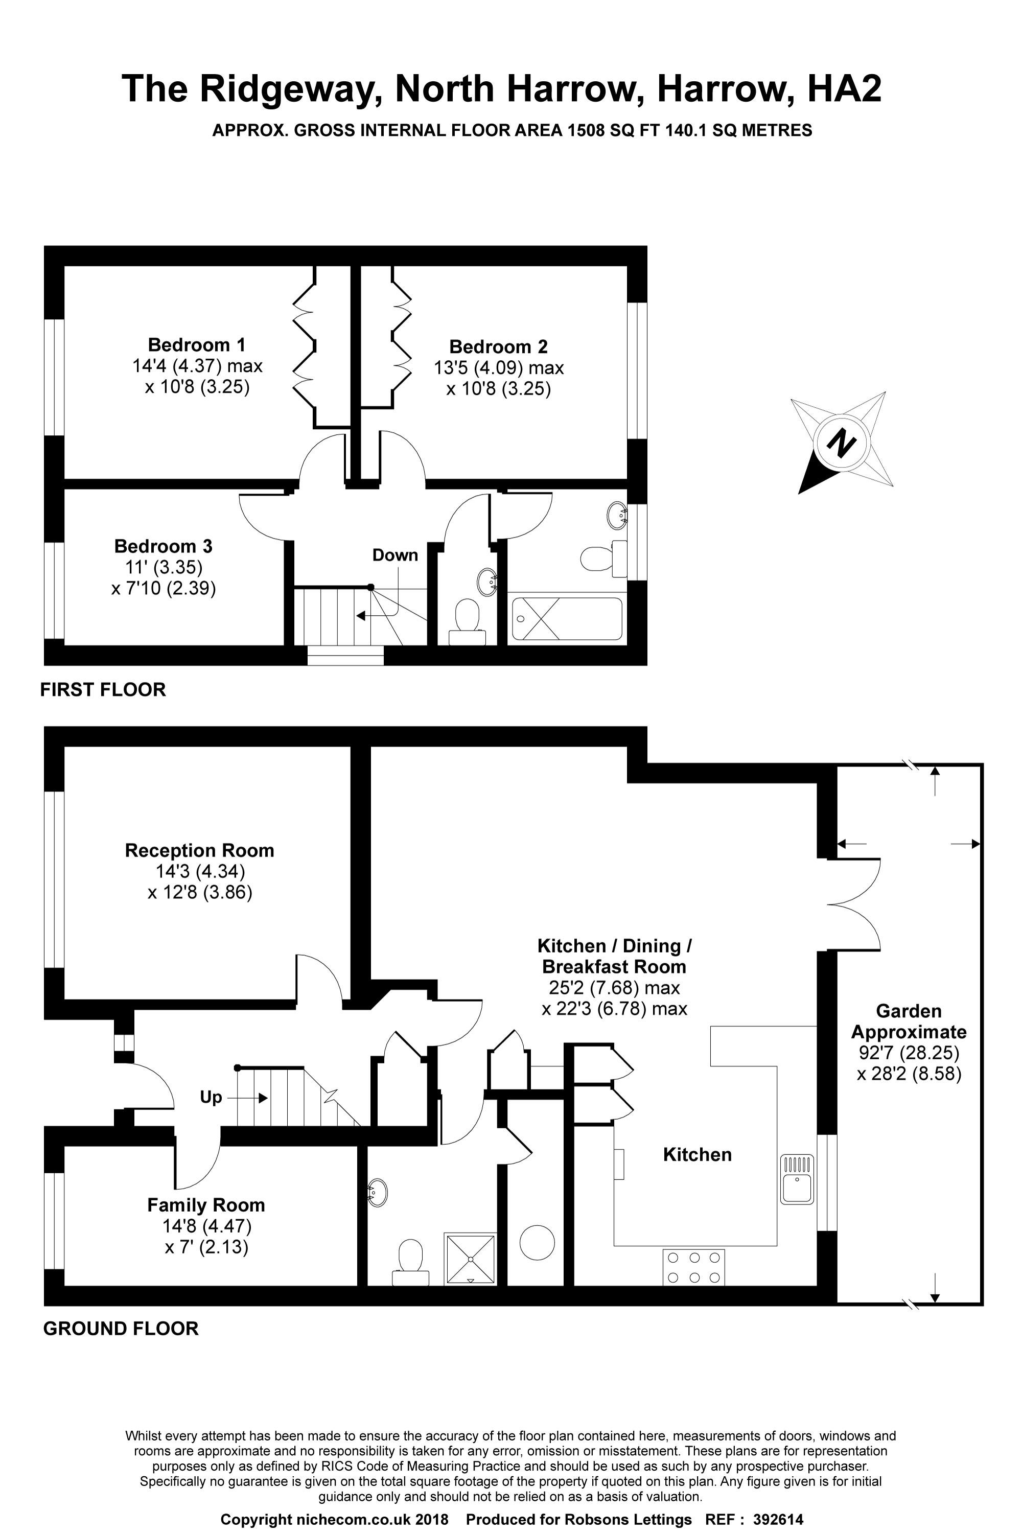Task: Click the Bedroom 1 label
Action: (x=197, y=345)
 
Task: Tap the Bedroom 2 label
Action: (x=499, y=346)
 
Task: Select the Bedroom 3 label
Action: (x=163, y=546)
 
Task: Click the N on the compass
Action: (x=841, y=444)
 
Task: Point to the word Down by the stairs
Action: (x=395, y=555)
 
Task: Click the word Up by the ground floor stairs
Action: (x=211, y=1098)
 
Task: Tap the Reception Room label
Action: (x=199, y=850)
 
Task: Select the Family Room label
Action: (x=206, y=1205)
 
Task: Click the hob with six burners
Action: (x=693, y=1267)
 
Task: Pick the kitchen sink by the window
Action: (x=797, y=1178)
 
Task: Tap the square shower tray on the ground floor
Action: (x=469, y=1259)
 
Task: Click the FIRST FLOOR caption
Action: (x=103, y=689)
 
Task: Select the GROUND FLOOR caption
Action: (x=121, y=1329)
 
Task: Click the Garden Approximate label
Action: (x=909, y=1022)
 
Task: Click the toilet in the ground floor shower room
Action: (x=410, y=1262)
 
